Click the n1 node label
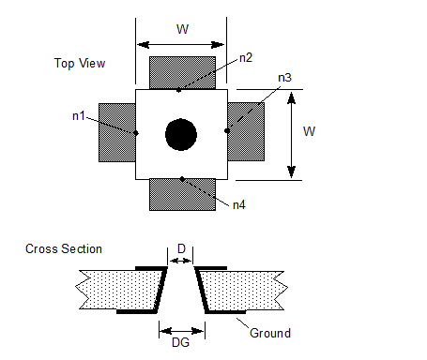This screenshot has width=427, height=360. [x=79, y=116]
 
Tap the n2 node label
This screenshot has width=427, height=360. [x=246, y=58]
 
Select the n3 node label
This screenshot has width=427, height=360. [x=284, y=78]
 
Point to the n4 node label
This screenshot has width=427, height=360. [x=239, y=205]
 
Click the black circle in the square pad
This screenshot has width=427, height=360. [x=181, y=135]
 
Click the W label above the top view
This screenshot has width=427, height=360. [x=182, y=29]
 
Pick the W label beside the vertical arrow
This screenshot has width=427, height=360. [x=309, y=131]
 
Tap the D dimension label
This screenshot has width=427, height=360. [x=181, y=248]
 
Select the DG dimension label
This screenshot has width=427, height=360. [x=181, y=342]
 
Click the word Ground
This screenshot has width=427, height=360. [x=270, y=333]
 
